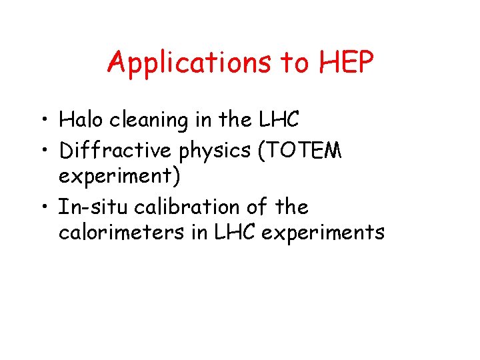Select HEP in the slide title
tap(347, 63)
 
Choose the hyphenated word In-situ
tap(93, 207)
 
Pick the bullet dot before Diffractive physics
tap(44, 152)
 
